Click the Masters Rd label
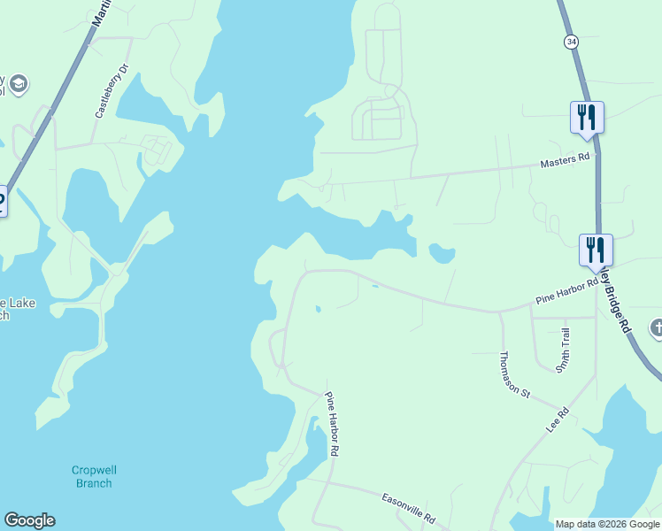(565, 159)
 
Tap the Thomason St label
(513, 374)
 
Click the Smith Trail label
(564, 350)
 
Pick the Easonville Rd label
(408, 507)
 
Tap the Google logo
(29, 520)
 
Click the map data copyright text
(607, 524)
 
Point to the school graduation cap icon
(19, 85)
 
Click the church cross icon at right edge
(657, 328)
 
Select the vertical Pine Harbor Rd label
(333, 424)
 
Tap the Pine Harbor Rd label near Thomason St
(566, 296)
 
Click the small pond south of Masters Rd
(441, 254)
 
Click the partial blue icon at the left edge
(2, 200)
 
